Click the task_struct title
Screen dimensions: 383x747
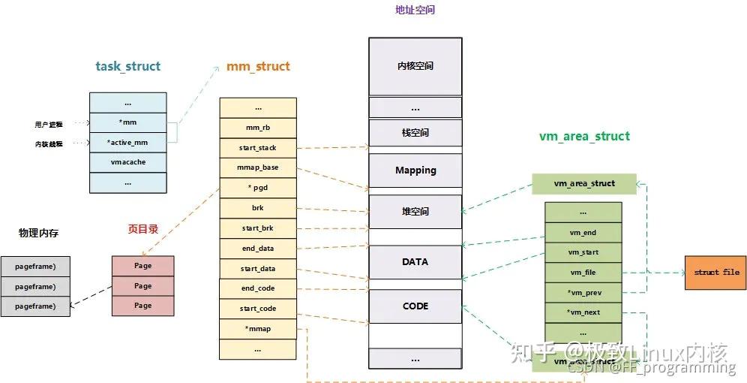click(127, 66)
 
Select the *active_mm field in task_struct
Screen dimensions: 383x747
click(127, 142)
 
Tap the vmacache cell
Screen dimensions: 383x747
click(127, 162)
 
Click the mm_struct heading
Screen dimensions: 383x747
click(258, 66)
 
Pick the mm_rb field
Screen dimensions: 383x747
click(258, 128)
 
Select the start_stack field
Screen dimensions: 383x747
click(258, 148)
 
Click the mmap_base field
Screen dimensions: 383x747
click(258, 167)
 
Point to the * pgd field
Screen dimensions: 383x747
click(258, 188)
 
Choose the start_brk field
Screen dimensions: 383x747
click(258, 228)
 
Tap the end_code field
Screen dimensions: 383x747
click(258, 288)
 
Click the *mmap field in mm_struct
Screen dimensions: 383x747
click(258, 328)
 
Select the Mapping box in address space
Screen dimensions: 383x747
click(415, 170)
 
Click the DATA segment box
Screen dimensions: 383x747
click(415, 262)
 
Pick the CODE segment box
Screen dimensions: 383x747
click(415, 306)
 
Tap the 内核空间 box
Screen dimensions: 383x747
click(415, 66)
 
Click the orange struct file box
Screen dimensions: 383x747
click(715, 272)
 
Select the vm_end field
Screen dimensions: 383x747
click(583, 233)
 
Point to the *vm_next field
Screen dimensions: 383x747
click(583, 312)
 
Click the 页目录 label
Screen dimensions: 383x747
click(142, 229)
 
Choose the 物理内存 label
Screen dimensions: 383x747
click(38, 233)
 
